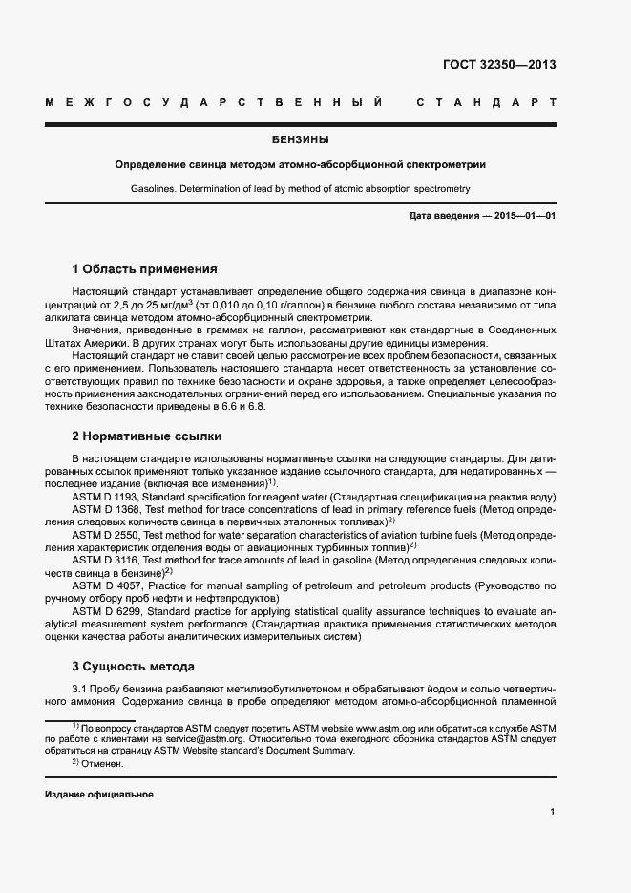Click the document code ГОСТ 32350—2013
pyautogui.click(x=499, y=65)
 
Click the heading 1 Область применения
pyautogui.click(x=144, y=268)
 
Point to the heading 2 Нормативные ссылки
pyautogui.click(x=147, y=436)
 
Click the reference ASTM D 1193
pyautogui.click(x=107, y=498)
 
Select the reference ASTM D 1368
pyautogui.click(x=107, y=510)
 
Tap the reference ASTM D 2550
pyautogui.click(x=107, y=535)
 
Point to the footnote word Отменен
pyautogui.click(x=103, y=764)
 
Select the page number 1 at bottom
pyautogui.click(x=553, y=812)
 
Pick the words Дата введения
pyautogui.click(x=444, y=216)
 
